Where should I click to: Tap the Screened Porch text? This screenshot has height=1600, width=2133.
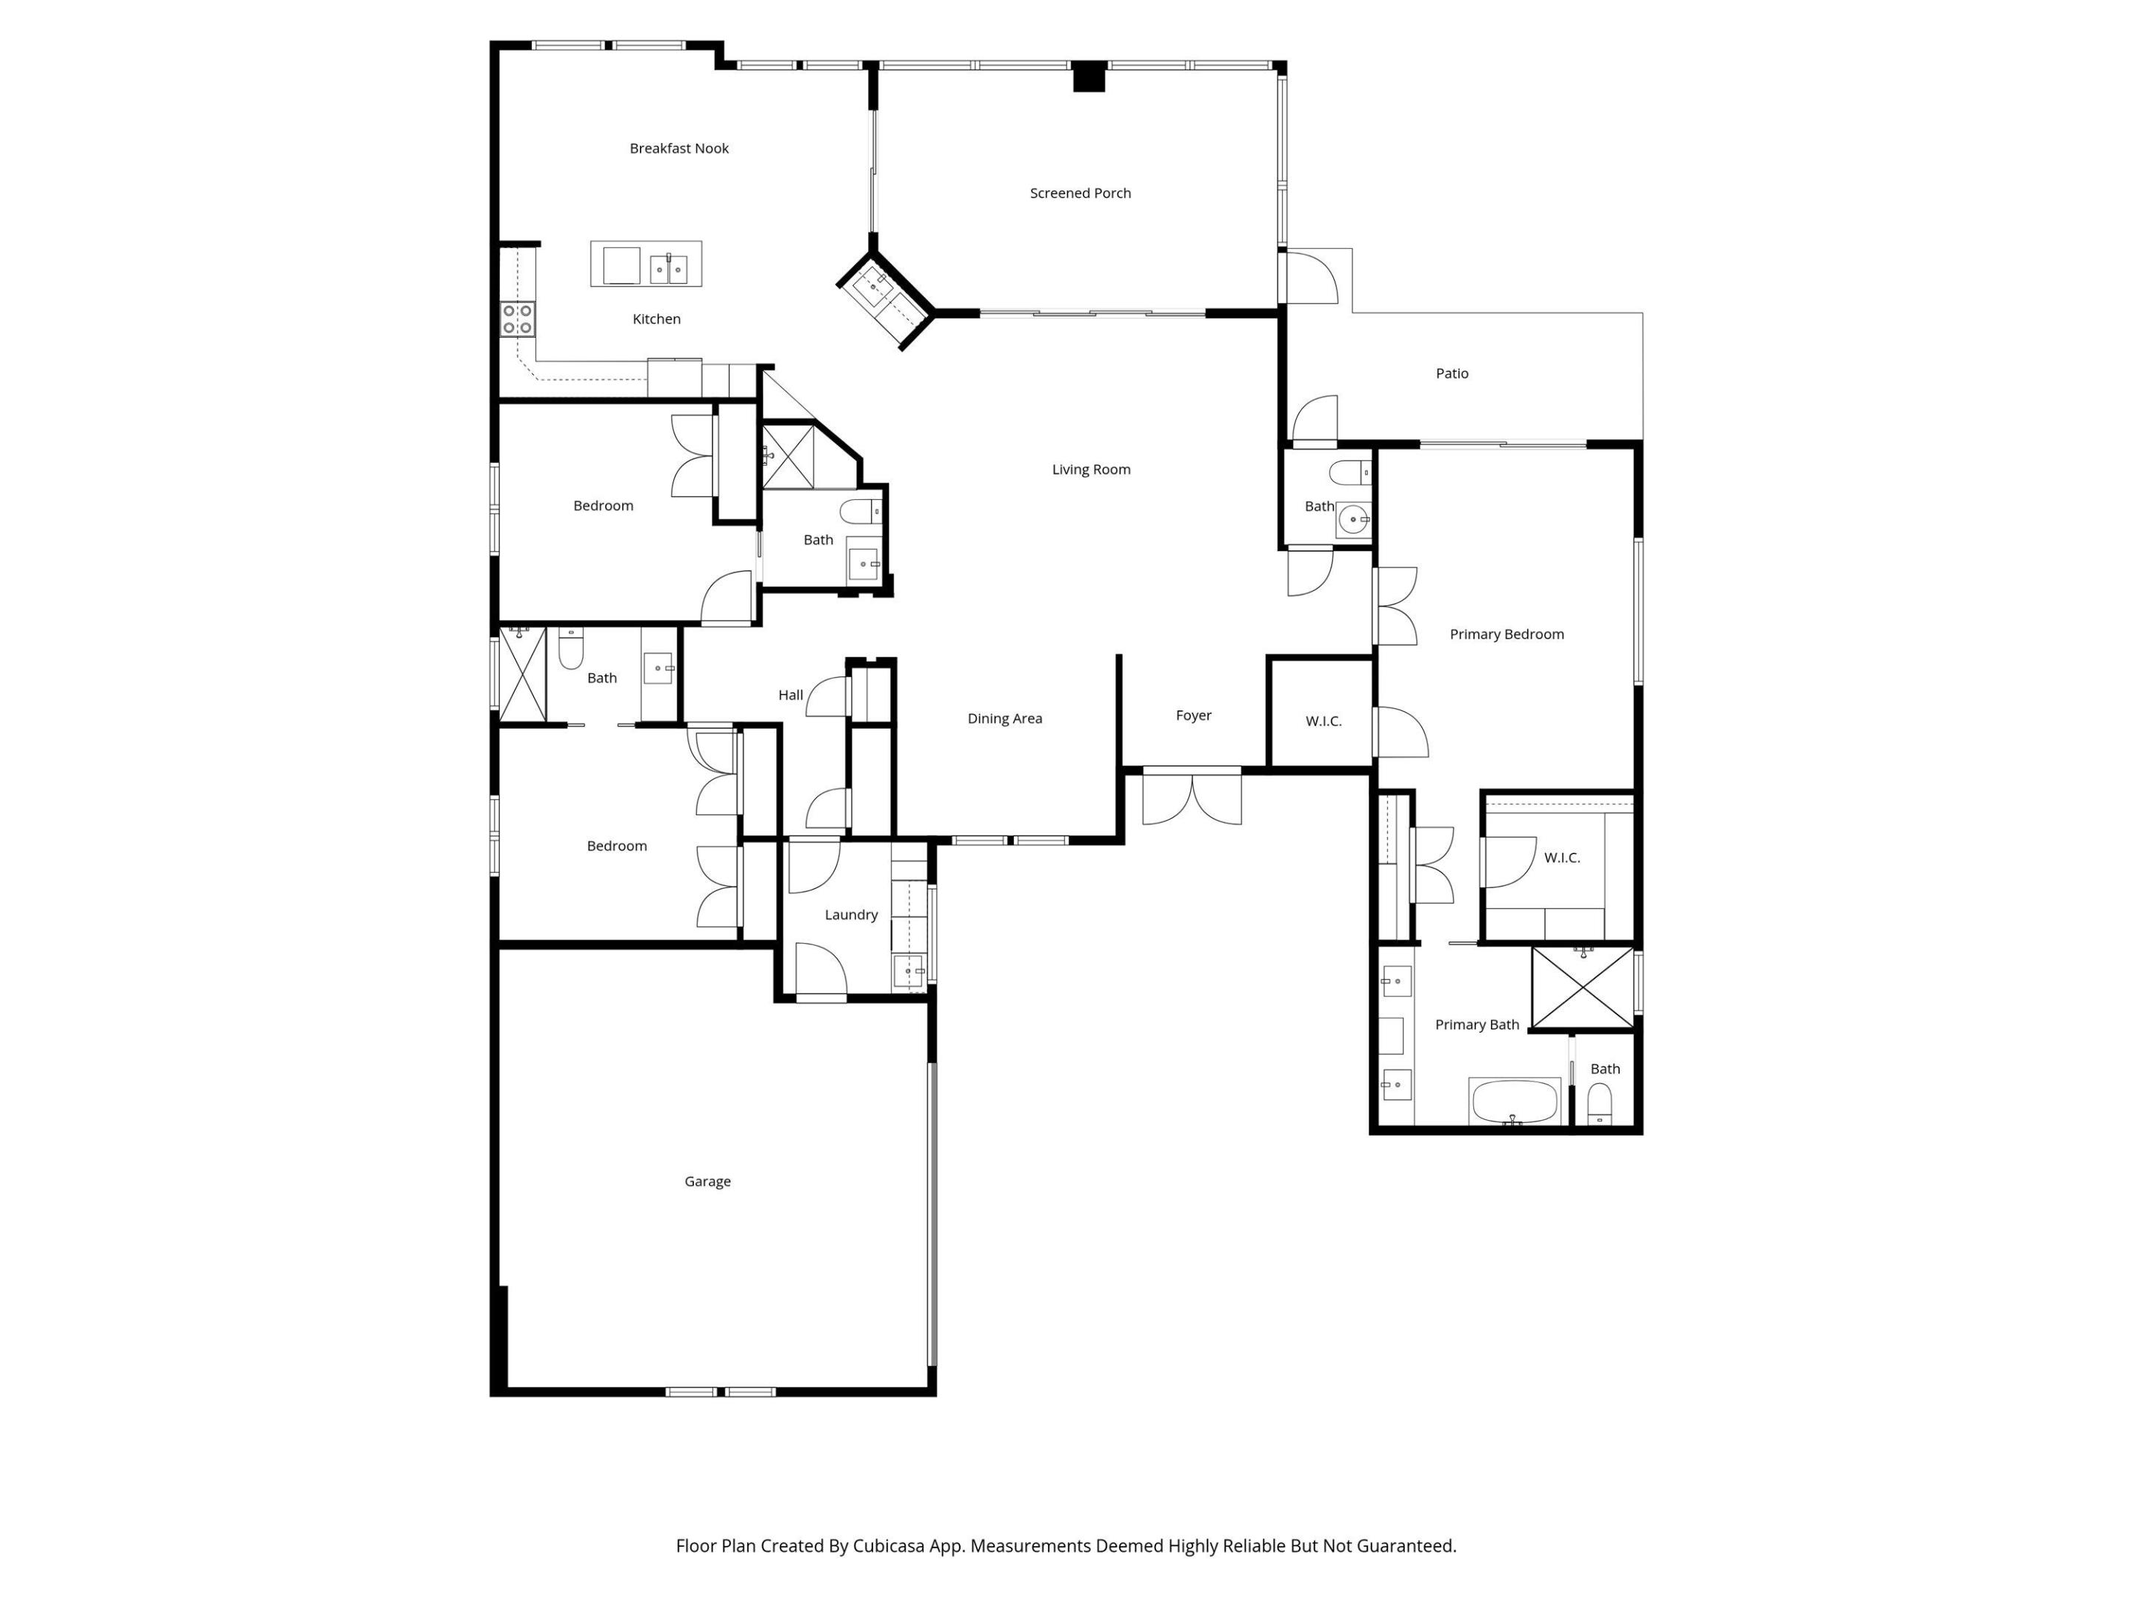click(1080, 193)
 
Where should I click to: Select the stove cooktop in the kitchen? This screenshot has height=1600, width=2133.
click(518, 319)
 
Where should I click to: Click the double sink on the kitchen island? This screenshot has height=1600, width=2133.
click(668, 268)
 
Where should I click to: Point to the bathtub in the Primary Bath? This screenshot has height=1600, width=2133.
click(1514, 1101)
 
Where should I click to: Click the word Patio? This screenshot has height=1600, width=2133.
click(1451, 373)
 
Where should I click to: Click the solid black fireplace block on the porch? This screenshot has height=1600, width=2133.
click(1089, 77)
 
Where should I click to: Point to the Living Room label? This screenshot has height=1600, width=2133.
click(1091, 470)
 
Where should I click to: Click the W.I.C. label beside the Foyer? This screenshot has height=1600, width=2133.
click(1323, 721)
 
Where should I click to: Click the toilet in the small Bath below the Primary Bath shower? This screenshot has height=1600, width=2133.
click(1600, 1101)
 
